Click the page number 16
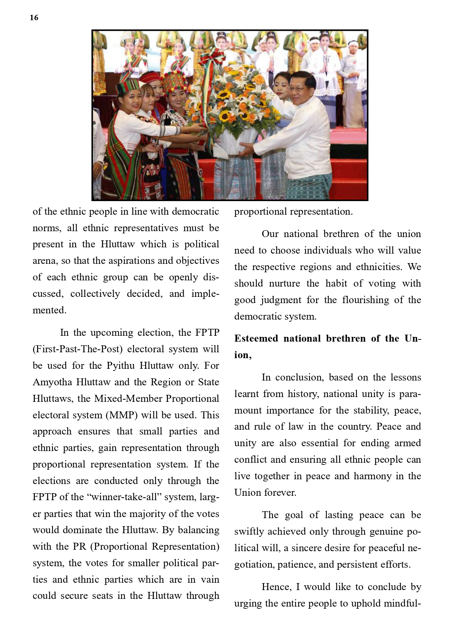(x=34, y=18)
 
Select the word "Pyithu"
(x=121, y=365)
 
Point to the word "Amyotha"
(x=52, y=382)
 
